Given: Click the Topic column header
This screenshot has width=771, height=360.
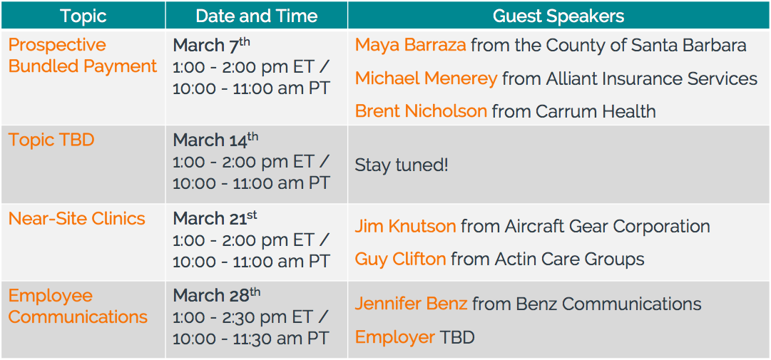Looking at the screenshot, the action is tap(83, 16).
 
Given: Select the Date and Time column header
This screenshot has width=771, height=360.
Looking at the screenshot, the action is tap(256, 16).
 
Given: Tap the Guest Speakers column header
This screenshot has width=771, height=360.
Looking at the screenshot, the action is tap(558, 16).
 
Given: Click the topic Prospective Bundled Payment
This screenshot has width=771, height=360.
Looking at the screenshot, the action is tap(83, 55).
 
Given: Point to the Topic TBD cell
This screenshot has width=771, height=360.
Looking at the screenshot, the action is tap(51, 140).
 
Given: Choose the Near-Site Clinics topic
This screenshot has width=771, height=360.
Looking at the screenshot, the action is tap(77, 219).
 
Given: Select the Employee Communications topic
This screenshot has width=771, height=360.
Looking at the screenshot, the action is tap(78, 307).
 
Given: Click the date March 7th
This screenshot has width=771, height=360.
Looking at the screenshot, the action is tap(211, 46).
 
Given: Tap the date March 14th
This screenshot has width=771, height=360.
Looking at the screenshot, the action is tap(215, 140).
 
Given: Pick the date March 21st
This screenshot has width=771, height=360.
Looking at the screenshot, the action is tap(215, 218).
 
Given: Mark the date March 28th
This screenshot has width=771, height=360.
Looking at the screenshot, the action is tap(217, 296).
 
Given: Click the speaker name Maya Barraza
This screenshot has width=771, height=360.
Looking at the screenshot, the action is tap(410, 46).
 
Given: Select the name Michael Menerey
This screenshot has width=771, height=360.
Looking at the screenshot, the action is tap(426, 78).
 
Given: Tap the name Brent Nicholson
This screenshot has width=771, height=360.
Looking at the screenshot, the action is tap(421, 111).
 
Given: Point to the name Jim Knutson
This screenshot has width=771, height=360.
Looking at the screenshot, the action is tap(405, 227).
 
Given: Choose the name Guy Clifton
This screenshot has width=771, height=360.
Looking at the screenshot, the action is tap(400, 259).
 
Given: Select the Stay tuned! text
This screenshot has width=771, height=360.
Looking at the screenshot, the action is tap(402, 165).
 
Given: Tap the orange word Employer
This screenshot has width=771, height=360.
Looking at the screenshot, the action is tap(395, 337).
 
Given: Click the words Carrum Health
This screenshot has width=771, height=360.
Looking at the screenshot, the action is tap(596, 111).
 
